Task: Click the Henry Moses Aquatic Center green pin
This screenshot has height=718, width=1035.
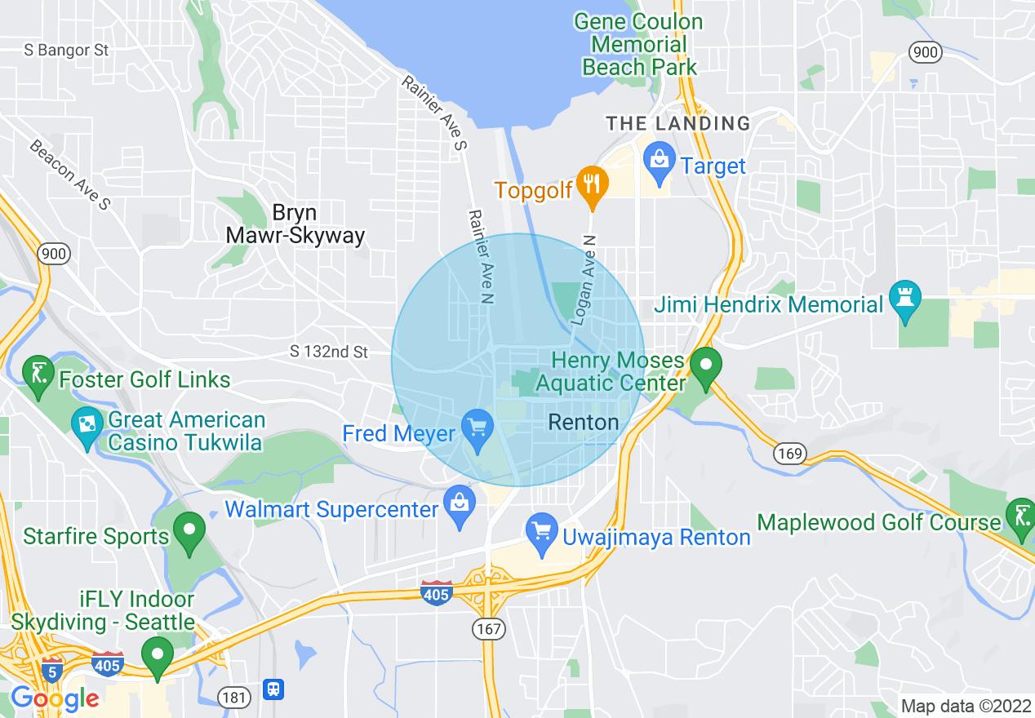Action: [x=705, y=365]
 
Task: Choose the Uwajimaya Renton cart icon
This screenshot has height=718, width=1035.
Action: [x=541, y=529]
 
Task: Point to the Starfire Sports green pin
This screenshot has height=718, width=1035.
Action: [x=189, y=531]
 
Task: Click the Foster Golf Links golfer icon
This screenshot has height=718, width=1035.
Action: [x=38, y=374]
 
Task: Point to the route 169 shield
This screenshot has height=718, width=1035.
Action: [x=791, y=453]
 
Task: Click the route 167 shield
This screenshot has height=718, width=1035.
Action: [x=489, y=629]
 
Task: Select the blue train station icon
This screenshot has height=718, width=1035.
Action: [x=274, y=690]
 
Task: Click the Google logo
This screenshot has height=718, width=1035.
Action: [x=55, y=698]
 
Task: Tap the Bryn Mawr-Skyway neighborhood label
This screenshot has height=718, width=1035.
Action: [x=295, y=224]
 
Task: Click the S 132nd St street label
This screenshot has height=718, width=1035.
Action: [x=330, y=352]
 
